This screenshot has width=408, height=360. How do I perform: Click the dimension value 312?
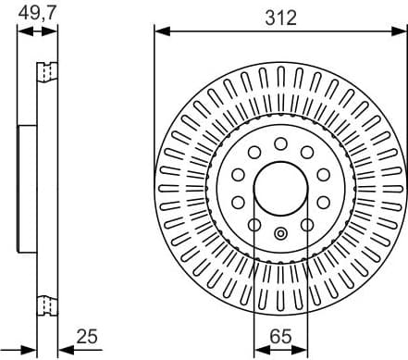pyautogui.click(x=279, y=18)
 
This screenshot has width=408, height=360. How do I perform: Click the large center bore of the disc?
pyautogui.click(x=279, y=188)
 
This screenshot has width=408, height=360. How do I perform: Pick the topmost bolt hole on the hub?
pyautogui.click(x=279, y=143)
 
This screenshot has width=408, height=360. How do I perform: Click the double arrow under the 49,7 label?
pyautogui.click(x=37, y=31)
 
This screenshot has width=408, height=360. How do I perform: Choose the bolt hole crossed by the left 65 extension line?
pyautogui.click(x=254, y=224)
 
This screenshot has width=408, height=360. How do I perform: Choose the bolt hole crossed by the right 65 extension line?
pyautogui.click(x=305, y=224)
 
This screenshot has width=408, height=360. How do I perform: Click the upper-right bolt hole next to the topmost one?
pyautogui.click(x=306, y=153)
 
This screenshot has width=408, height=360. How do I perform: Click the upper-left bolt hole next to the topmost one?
pyautogui.click(x=253, y=153)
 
